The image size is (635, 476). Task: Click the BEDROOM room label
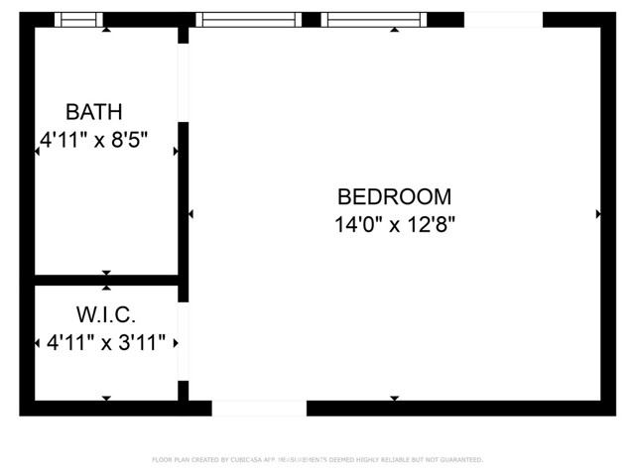point(394,196)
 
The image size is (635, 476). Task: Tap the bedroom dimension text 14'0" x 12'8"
point(394,224)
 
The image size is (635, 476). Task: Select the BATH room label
point(94,110)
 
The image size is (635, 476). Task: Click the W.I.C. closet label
point(105,315)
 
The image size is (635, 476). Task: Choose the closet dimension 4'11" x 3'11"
point(107,343)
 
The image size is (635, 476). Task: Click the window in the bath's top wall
point(78,19)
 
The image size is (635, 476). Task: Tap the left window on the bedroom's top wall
point(248,19)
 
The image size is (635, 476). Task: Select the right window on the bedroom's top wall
point(374,19)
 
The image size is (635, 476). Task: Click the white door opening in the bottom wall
point(259,408)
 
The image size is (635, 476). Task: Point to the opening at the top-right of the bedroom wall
point(503,19)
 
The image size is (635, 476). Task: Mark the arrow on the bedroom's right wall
point(597,214)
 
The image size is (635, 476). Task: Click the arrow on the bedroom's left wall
point(190,214)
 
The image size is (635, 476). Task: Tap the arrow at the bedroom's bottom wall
point(394,399)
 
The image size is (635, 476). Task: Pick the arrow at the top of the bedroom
point(394,30)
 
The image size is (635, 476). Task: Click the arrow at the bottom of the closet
point(106,399)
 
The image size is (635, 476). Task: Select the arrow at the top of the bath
point(106,30)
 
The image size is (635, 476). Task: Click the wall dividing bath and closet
point(106,280)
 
